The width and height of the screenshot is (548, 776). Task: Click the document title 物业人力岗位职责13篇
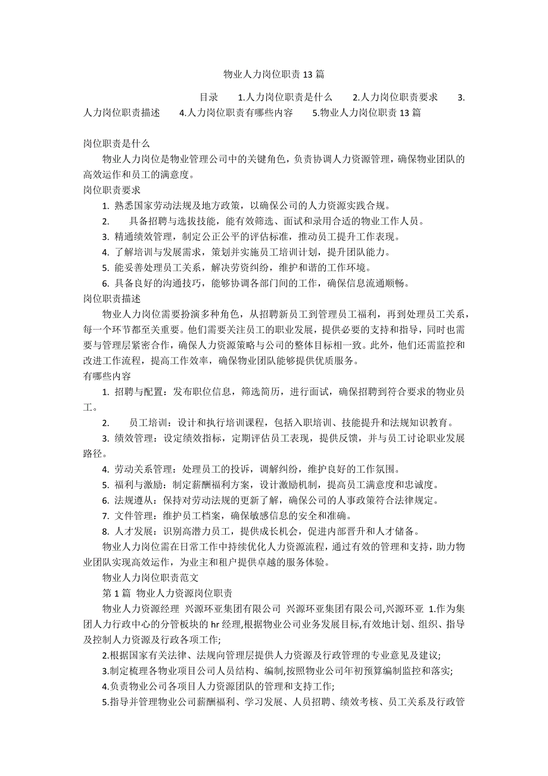273,75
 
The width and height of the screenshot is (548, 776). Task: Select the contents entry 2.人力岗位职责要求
395,97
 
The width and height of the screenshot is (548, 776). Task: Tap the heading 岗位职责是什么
116,144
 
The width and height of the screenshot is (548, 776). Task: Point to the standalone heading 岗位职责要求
112,190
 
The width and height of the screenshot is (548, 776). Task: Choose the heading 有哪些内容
107,376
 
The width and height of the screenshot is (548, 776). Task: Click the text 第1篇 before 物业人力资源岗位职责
116,593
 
